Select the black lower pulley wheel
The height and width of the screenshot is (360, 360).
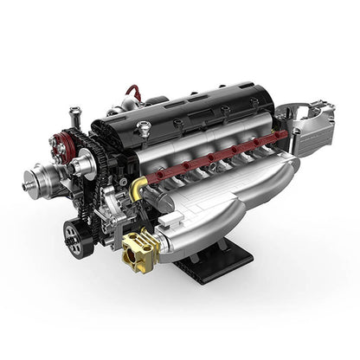coord(78,236)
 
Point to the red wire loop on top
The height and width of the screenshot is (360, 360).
coord(132,93)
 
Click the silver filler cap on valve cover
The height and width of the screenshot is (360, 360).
coord(144,130)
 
